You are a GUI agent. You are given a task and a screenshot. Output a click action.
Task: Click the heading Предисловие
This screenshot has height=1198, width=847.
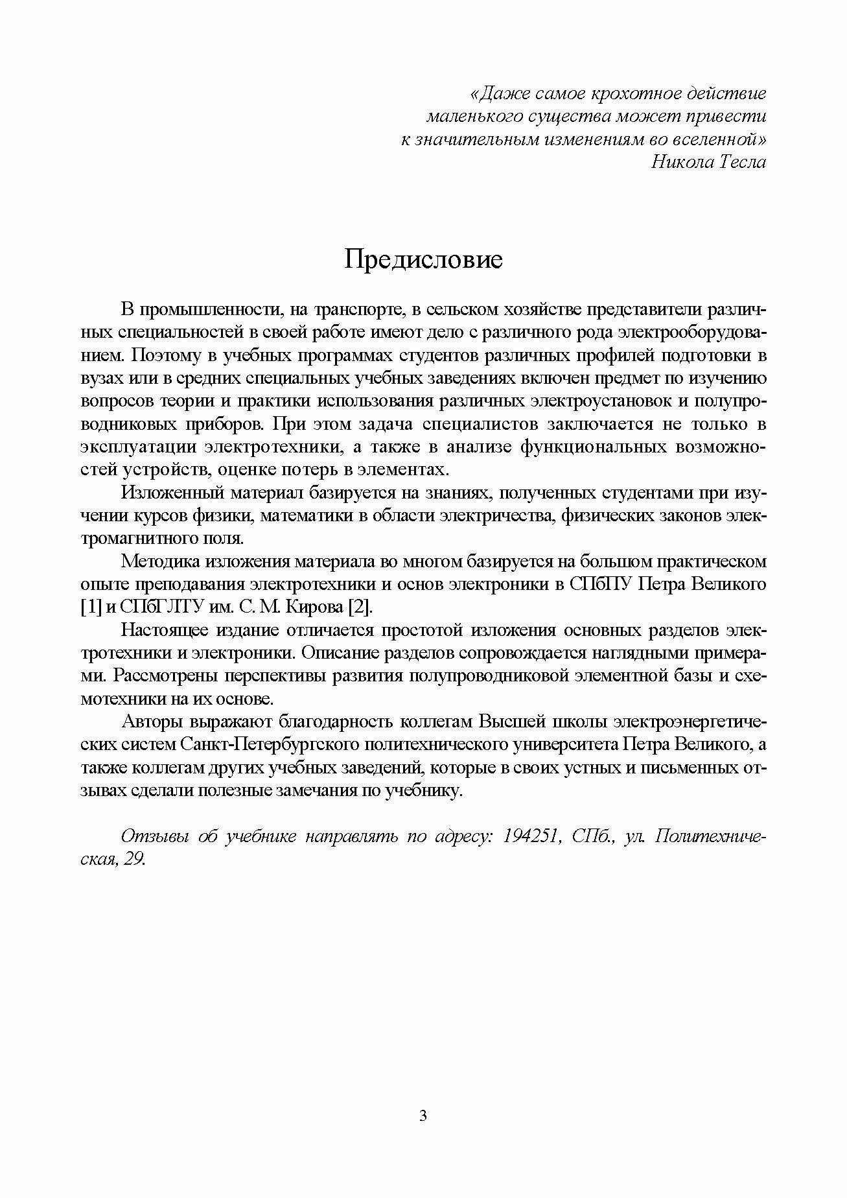tap(423, 260)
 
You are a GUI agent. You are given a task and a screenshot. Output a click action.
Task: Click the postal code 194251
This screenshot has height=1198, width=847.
tap(529, 836)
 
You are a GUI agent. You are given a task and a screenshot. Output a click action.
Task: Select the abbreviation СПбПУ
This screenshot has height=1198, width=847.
tap(599, 584)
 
